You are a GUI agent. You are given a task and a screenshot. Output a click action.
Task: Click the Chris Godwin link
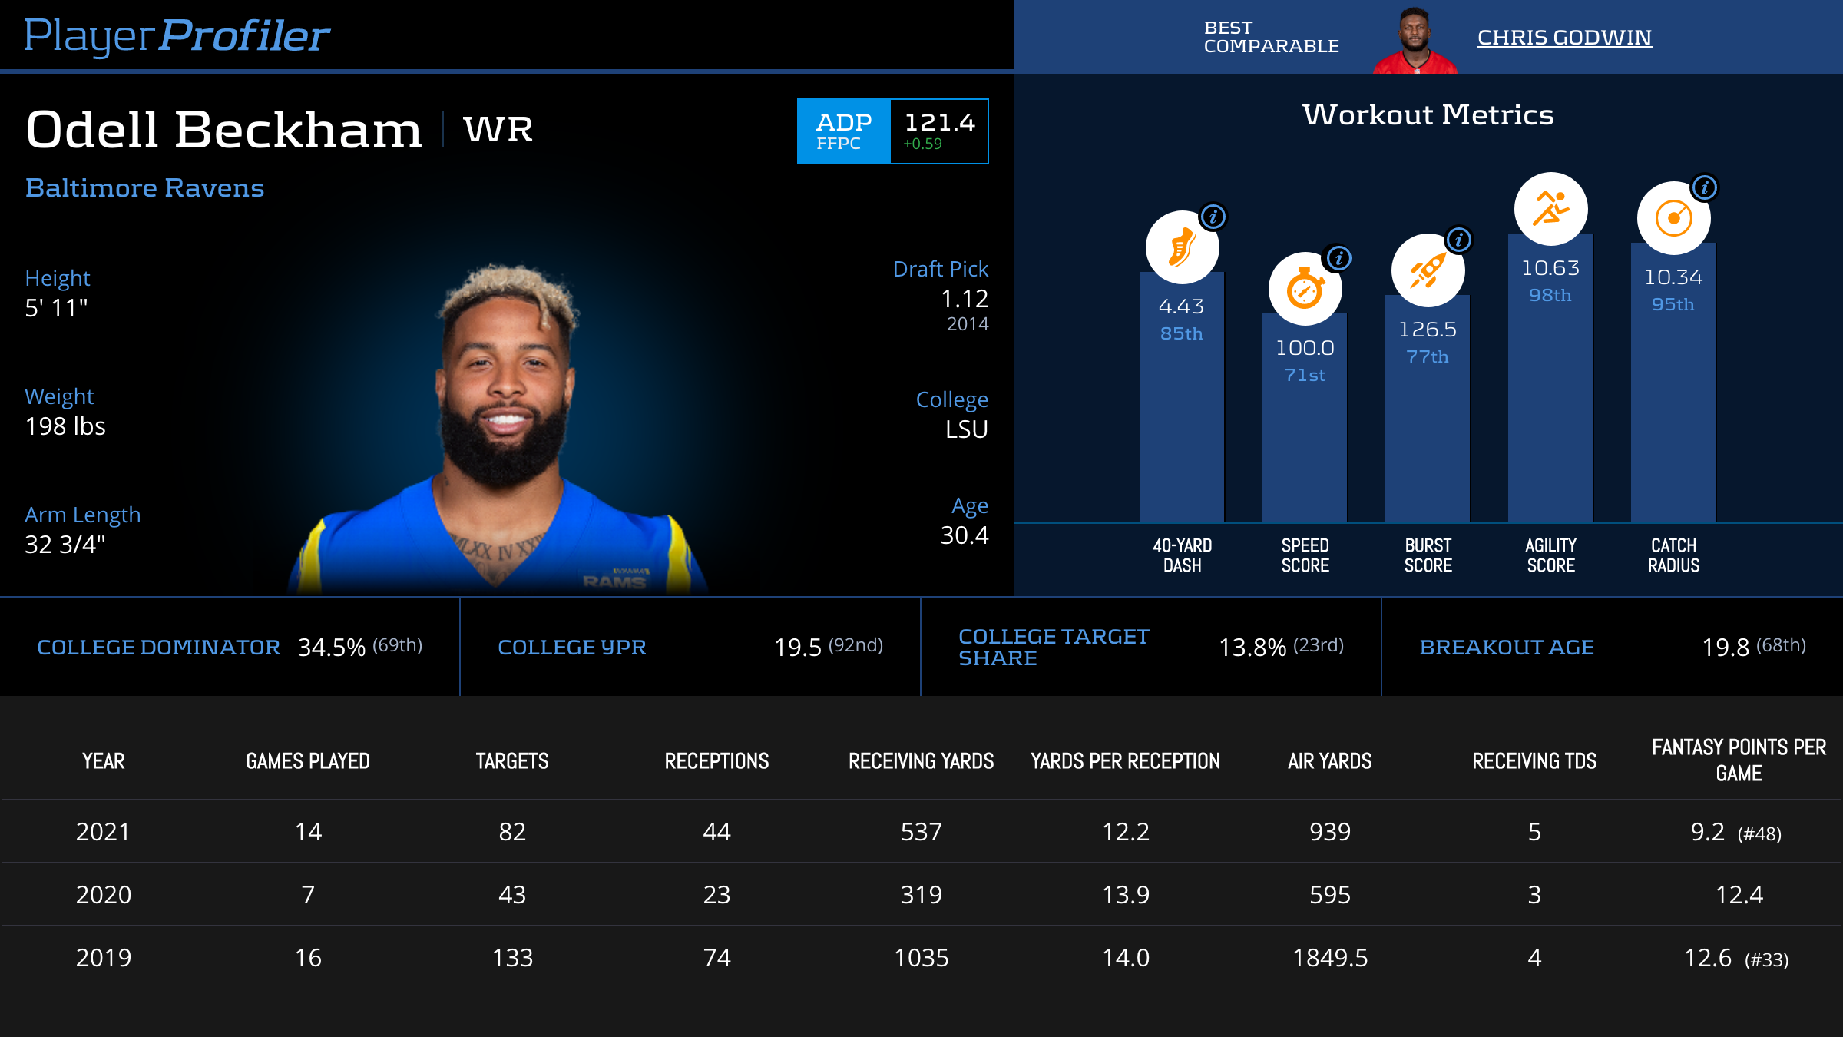click(x=1563, y=38)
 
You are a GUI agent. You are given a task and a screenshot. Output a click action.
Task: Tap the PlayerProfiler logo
click(x=177, y=36)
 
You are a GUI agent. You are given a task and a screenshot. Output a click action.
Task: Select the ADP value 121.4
click(x=939, y=123)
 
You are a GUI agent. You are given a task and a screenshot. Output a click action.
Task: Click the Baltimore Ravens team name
click(x=144, y=188)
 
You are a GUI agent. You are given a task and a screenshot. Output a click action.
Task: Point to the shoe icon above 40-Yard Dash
click(x=1181, y=248)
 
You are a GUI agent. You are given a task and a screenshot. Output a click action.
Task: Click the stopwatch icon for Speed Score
click(x=1305, y=290)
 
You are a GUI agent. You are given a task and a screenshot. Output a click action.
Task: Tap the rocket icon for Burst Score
click(x=1428, y=270)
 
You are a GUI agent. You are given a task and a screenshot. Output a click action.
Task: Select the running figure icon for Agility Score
click(x=1550, y=209)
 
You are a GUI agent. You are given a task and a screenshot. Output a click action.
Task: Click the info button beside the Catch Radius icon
click(x=1704, y=187)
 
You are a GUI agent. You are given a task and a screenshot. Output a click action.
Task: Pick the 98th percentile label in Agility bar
click(x=1550, y=296)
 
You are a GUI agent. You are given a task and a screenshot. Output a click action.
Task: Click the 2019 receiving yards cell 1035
click(x=921, y=958)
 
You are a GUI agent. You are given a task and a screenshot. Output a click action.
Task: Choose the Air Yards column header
click(x=1329, y=761)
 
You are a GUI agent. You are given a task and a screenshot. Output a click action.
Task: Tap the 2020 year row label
click(x=104, y=895)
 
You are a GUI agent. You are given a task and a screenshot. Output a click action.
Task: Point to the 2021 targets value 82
click(x=512, y=832)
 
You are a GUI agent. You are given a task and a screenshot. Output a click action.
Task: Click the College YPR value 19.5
click(x=798, y=648)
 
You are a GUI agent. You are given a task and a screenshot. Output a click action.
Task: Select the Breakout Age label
click(x=1507, y=648)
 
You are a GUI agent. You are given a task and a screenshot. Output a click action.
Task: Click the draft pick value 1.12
click(x=965, y=299)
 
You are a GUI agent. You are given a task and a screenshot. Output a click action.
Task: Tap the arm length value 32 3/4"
click(x=65, y=545)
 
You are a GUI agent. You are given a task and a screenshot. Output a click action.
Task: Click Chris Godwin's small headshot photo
click(x=1415, y=41)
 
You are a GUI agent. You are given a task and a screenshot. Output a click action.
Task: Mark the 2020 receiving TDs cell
click(x=1534, y=895)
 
